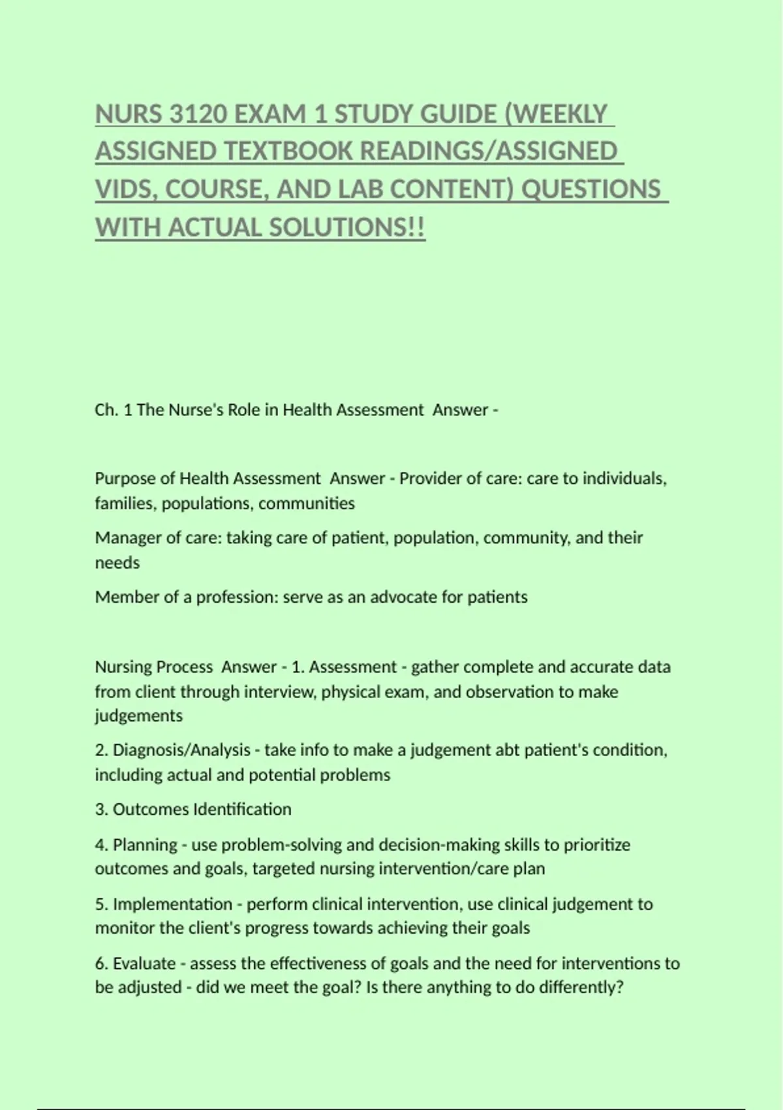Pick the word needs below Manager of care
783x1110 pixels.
(x=117, y=563)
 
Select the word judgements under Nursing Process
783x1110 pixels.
(x=138, y=716)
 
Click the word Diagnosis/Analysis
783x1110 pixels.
(x=181, y=750)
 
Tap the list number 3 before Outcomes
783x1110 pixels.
(x=100, y=810)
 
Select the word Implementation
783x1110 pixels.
(x=172, y=904)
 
